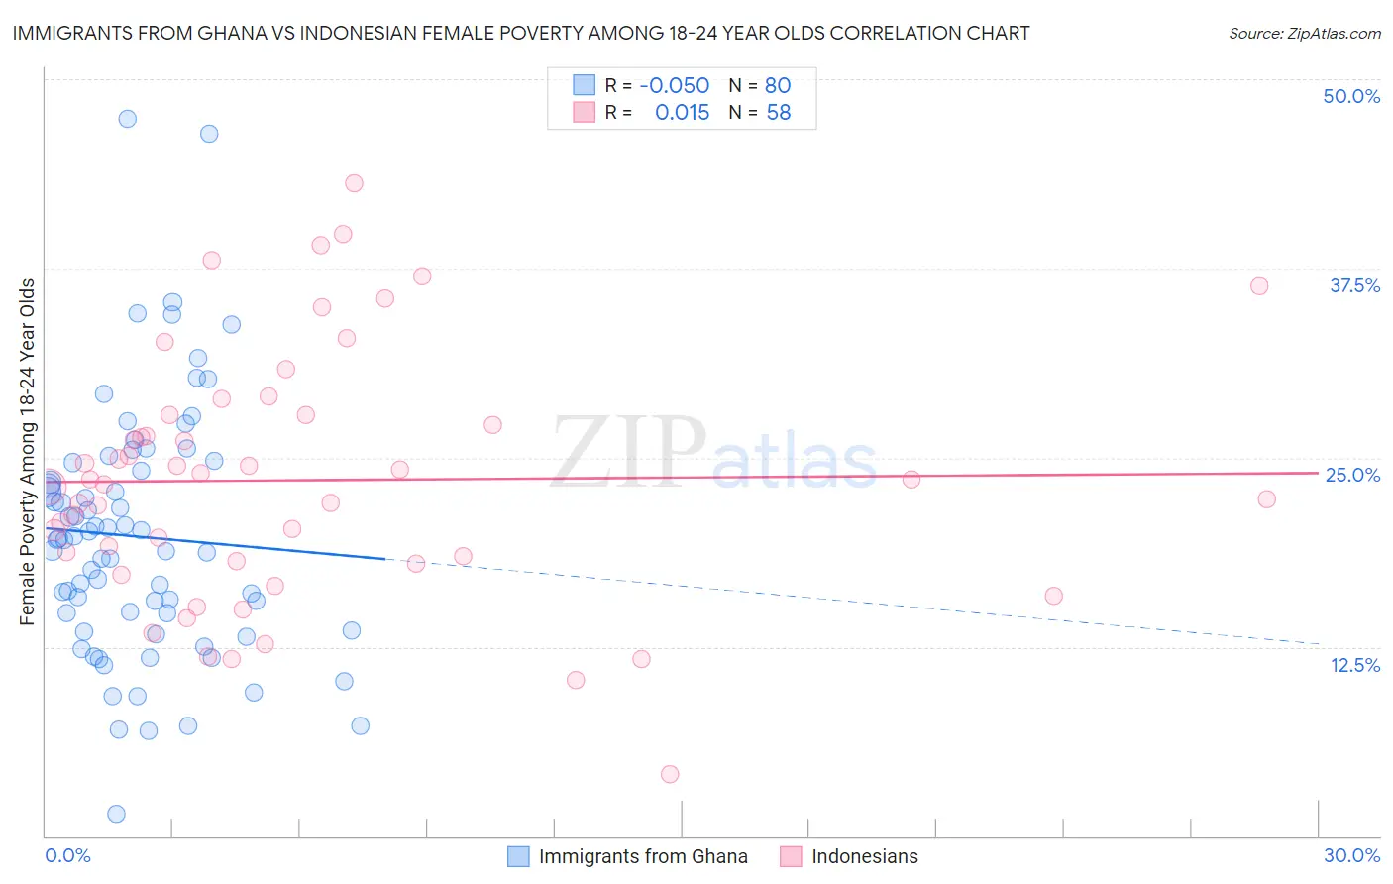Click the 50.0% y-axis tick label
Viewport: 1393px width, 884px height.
pyautogui.click(x=1351, y=96)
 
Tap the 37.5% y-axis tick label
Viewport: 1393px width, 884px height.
pyautogui.click(x=1354, y=285)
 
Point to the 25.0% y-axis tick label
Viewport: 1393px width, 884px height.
pyautogui.click(x=1352, y=475)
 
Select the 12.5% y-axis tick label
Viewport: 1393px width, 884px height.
pyautogui.click(x=1354, y=665)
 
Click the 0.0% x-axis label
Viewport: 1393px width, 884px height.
pyautogui.click(x=67, y=855)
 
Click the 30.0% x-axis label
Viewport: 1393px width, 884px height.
pyautogui.click(x=1351, y=855)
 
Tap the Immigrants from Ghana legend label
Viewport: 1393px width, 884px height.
pyautogui.click(x=642, y=856)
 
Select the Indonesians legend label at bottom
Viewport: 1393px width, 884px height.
pyautogui.click(x=864, y=856)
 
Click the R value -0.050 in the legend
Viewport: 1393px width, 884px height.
pyautogui.click(x=674, y=85)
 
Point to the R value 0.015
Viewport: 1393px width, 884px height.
pyautogui.click(x=682, y=113)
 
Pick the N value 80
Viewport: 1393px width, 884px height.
pyautogui.click(x=778, y=85)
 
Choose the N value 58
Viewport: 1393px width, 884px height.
pyautogui.click(x=778, y=113)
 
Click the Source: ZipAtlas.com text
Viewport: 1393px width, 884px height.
pyautogui.click(x=1304, y=33)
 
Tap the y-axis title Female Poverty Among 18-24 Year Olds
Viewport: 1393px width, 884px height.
pyautogui.click(x=28, y=452)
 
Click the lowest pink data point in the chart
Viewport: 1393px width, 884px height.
pyautogui.click(x=670, y=774)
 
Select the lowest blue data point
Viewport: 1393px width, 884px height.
pyautogui.click(x=116, y=814)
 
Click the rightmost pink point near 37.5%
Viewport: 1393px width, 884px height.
pyautogui.click(x=1259, y=286)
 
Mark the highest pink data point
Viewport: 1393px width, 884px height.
pyautogui.click(x=354, y=183)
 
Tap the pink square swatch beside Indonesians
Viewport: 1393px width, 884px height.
pyautogui.click(x=790, y=856)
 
